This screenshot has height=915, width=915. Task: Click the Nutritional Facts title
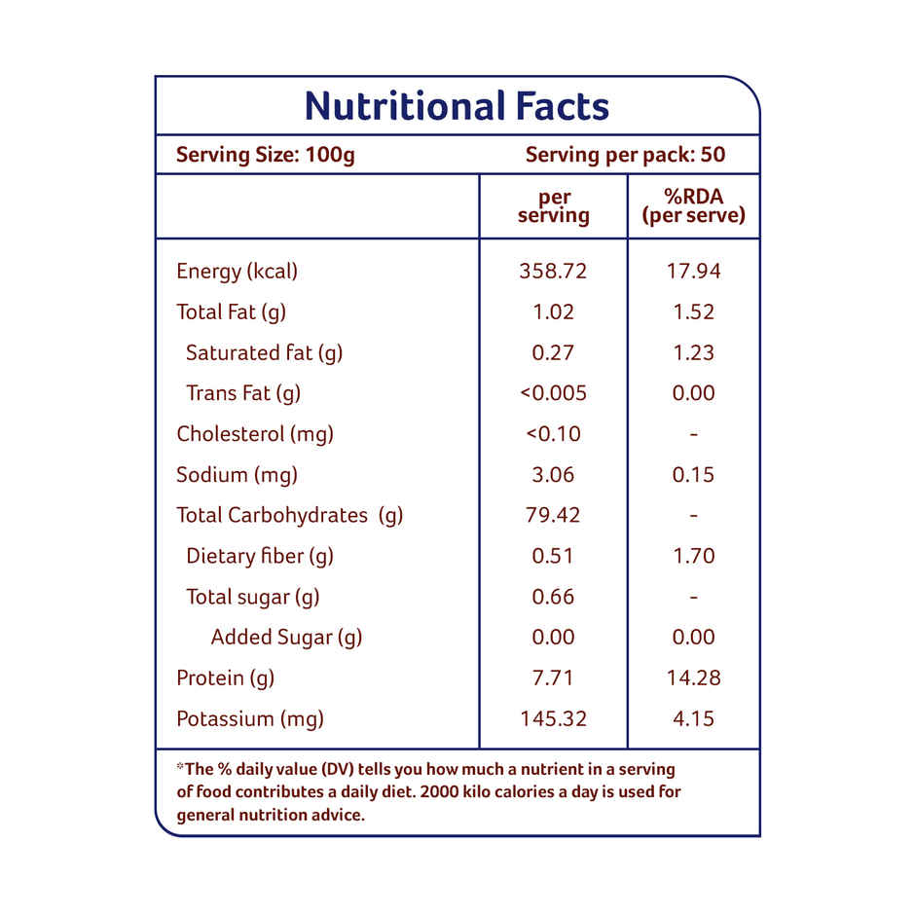[457, 106]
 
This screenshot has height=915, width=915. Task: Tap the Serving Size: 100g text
[265, 155]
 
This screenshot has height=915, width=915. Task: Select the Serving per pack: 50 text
[625, 155]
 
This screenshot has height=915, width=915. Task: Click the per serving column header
[553, 206]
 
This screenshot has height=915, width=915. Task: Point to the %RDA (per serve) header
[693, 206]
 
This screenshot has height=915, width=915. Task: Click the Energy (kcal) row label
[237, 272]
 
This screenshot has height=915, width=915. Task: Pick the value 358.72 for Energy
[553, 272]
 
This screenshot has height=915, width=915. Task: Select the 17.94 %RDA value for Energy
[693, 272]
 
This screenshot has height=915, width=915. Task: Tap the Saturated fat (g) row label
[264, 352]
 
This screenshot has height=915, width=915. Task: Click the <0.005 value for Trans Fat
[553, 393]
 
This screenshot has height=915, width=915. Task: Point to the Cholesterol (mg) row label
[254, 434]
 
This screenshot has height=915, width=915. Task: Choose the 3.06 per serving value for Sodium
[553, 475]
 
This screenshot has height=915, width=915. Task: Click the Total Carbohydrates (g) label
[289, 516]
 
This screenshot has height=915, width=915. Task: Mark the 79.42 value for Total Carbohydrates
[553, 516]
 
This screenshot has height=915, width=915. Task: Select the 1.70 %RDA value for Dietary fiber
[693, 557]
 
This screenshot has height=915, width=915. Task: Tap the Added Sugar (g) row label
[286, 638]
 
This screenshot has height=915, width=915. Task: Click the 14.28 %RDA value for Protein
[693, 678]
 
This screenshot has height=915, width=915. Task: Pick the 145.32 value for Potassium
[553, 719]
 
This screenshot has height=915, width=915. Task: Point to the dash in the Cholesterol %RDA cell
[693, 434]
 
